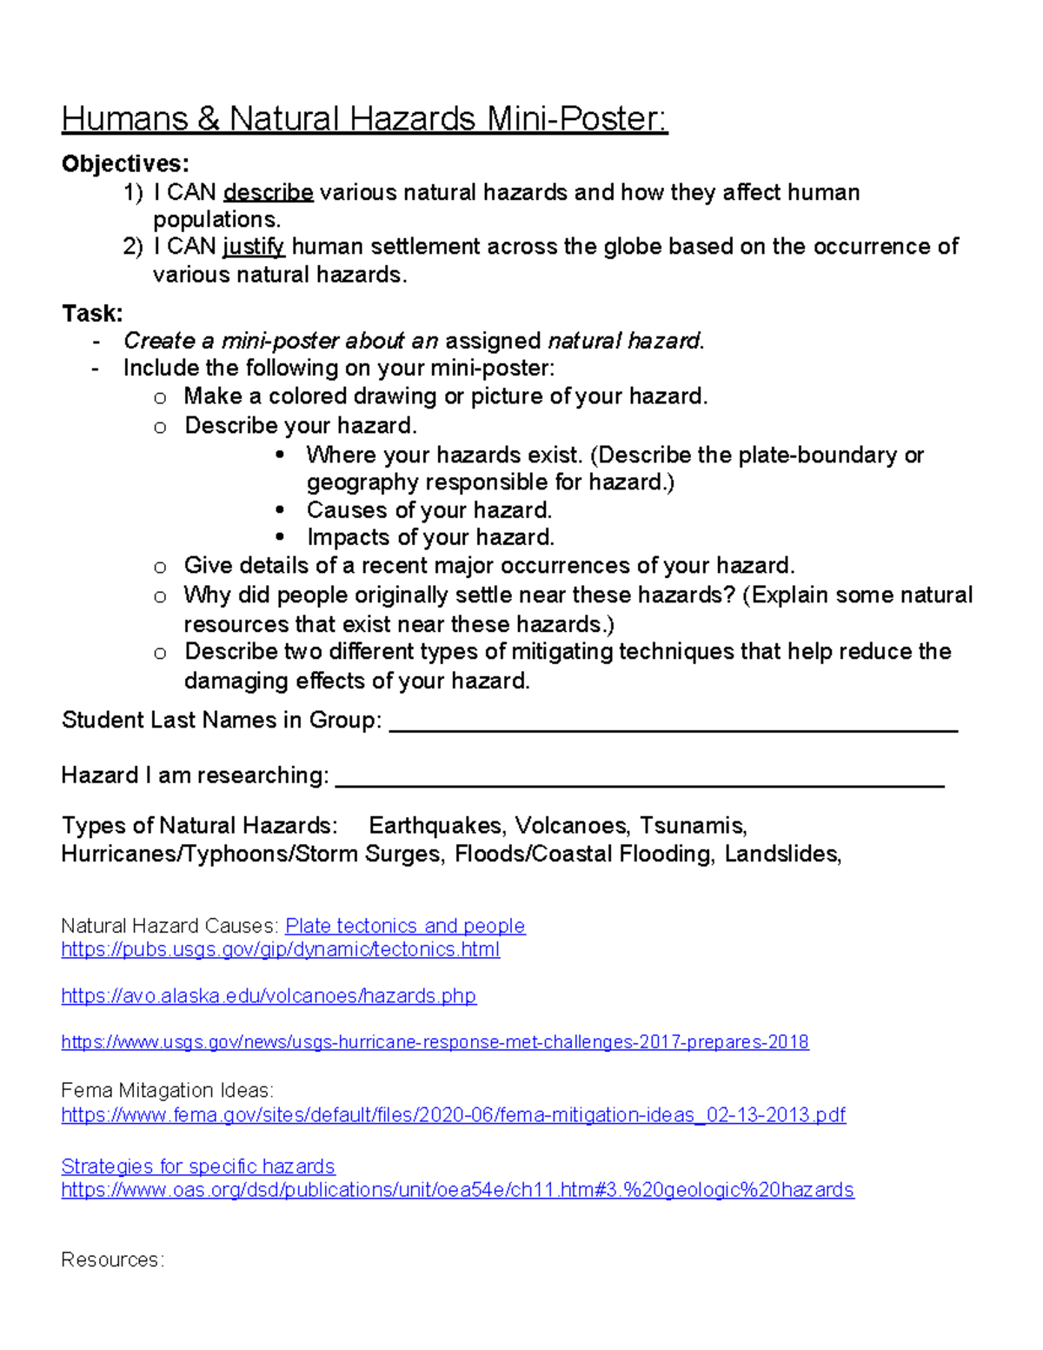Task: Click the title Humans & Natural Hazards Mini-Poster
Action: tap(364, 119)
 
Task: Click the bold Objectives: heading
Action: tap(125, 164)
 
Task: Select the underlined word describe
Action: tap(268, 192)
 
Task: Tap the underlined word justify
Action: tap(253, 247)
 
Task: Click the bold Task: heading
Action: tap(92, 313)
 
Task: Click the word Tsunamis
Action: tap(693, 825)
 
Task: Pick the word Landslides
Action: tap(782, 854)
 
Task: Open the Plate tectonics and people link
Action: tap(405, 926)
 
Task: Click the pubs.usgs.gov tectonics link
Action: tap(280, 949)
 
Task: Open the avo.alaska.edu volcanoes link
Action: tap(269, 996)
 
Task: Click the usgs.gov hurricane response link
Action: tap(435, 1042)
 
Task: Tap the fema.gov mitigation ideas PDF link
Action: tap(453, 1115)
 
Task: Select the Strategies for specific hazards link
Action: tap(198, 1167)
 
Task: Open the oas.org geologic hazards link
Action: tap(457, 1190)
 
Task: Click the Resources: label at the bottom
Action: tap(112, 1260)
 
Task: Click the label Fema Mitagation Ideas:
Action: tap(167, 1091)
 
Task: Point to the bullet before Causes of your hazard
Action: tap(280, 510)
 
